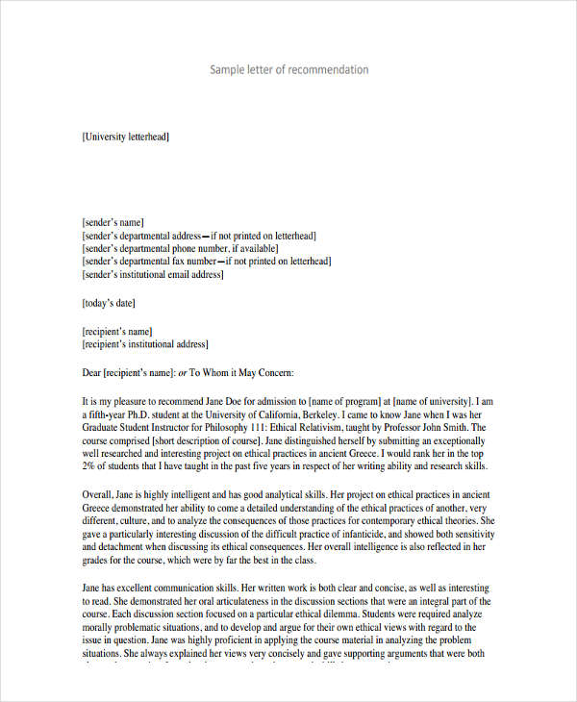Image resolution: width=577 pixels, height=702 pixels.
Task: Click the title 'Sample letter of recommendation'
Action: point(288,70)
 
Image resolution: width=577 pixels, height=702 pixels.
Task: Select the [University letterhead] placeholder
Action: point(126,138)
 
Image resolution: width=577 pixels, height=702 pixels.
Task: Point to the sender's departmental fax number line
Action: point(207,262)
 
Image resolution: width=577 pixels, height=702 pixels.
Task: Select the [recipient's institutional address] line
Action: point(145,342)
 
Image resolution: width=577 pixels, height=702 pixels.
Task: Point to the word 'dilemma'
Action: point(361,613)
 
